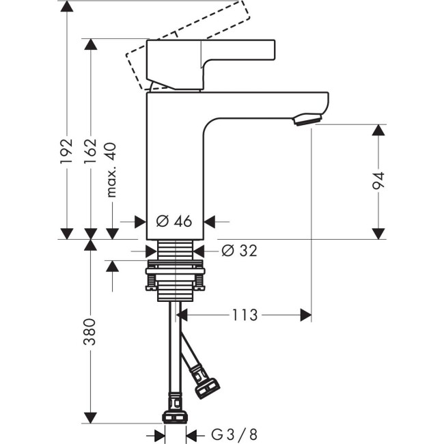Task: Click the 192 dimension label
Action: [66, 152]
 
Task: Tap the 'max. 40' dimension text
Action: [112, 169]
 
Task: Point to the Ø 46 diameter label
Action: [174, 221]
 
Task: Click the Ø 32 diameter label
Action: [240, 251]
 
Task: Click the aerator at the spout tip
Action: [305, 122]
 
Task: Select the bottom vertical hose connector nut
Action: [176, 417]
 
